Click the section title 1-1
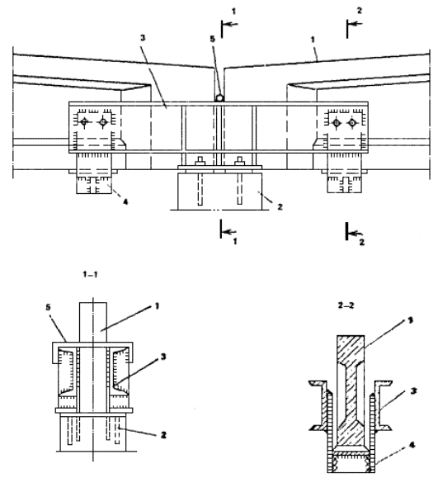click(x=90, y=275)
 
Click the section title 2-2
click(x=346, y=305)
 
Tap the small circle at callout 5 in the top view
click(x=219, y=98)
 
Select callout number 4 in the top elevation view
click(x=125, y=201)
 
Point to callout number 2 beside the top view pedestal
click(x=280, y=207)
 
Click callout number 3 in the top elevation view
click(x=143, y=37)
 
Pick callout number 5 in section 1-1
click(x=48, y=307)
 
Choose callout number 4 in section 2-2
click(x=412, y=445)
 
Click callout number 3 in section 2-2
click(x=413, y=390)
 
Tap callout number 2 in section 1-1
click(x=163, y=435)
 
